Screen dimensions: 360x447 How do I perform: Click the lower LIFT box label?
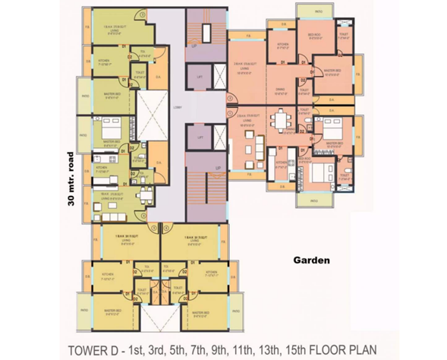[198, 137]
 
